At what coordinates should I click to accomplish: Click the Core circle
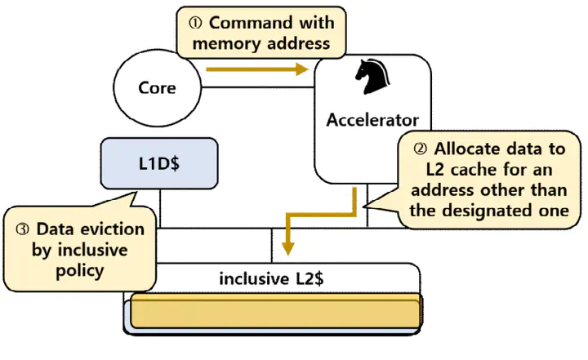(157, 87)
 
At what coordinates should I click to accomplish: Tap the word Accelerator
(372, 120)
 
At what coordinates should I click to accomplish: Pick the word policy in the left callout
(78, 270)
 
